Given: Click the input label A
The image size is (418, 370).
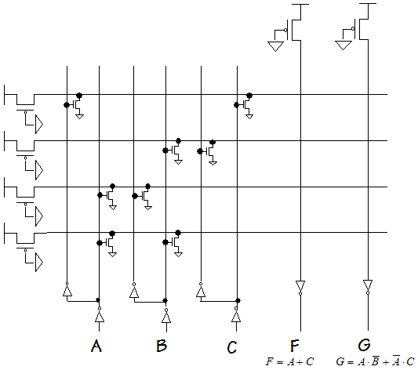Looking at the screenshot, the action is coord(96,346).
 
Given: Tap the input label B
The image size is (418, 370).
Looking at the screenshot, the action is coord(162,346).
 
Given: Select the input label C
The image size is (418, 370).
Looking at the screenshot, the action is coord(232,347).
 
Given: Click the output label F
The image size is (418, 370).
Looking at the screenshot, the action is coord(295,346).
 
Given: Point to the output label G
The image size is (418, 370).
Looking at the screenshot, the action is coord(364,345).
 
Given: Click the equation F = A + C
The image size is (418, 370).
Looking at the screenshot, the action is coord(289,361).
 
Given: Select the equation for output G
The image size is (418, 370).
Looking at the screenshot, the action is coord(376,361).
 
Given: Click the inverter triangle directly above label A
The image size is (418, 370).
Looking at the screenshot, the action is coord(100,316).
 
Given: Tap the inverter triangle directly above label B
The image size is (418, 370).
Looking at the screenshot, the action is coord(166,317).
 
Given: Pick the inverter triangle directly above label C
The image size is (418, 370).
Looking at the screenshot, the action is coord(236,316).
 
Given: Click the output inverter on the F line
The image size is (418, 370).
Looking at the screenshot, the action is coord(300,288).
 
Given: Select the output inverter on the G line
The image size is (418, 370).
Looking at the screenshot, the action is coord(368,287).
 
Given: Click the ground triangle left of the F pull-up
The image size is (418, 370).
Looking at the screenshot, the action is coord(275,46).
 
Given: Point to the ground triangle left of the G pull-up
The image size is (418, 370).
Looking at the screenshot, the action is coord(343,45).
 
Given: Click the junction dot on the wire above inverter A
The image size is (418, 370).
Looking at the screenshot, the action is coord(98,300).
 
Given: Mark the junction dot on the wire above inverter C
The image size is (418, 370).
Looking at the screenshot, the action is coord(238,301).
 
